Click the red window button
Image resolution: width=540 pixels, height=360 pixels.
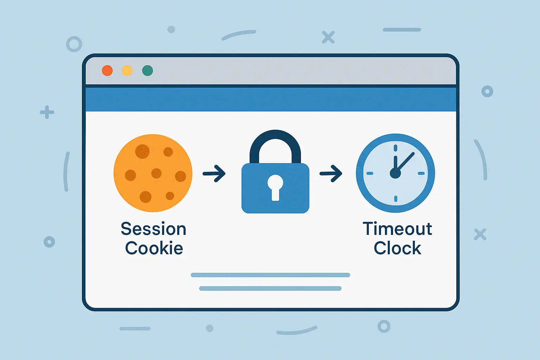pos(107,71)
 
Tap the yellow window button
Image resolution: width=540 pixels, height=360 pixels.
pos(127,71)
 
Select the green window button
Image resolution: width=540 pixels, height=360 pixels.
pos(148,71)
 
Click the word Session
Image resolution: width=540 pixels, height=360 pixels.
pos(154,229)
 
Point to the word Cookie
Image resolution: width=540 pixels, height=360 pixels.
pos(154,247)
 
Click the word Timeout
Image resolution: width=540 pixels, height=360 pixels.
pos(397,229)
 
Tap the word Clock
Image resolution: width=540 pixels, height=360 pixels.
pos(398,247)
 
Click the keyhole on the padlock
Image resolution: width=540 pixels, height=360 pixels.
pos(275,188)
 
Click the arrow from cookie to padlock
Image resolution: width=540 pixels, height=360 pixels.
pos(214,173)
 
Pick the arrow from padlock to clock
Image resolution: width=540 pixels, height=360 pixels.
pos(331,173)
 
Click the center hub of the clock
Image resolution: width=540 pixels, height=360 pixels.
pos(396,173)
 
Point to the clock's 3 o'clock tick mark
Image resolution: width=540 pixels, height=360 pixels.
pos(421,173)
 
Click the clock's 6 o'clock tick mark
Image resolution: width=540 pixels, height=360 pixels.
pos(396,199)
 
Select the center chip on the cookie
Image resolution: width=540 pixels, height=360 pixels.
pos(156,173)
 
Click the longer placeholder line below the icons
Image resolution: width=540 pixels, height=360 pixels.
pos(270,275)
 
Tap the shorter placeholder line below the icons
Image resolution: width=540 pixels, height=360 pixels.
pos(270,288)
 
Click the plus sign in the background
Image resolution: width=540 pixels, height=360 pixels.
pos(47,112)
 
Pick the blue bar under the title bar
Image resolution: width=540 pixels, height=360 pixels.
pos(271,99)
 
